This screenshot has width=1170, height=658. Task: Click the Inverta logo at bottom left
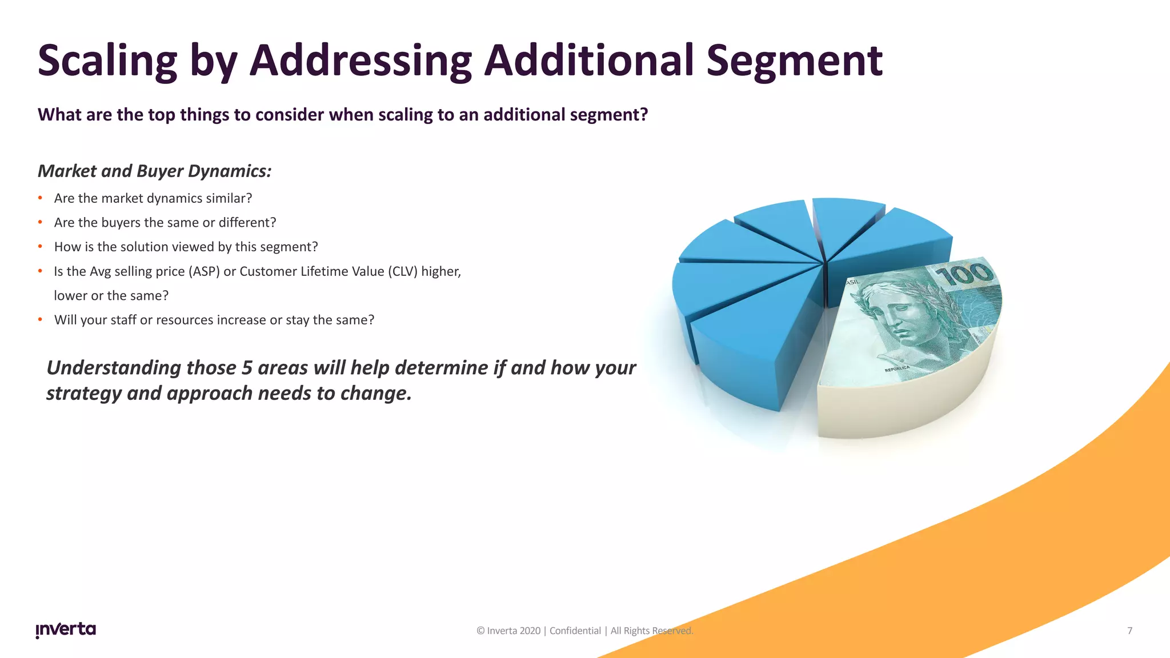click(x=66, y=629)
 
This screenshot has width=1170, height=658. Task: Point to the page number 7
click(x=1129, y=631)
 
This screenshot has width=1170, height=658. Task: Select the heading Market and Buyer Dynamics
click(x=154, y=171)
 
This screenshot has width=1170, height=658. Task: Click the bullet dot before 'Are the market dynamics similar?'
click(x=41, y=198)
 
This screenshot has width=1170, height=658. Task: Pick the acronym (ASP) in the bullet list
click(x=204, y=271)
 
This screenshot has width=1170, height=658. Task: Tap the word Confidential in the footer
click(x=575, y=631)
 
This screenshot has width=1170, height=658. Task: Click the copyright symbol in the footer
click(x=480, y=631)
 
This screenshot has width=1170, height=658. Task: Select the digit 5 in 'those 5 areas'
click(x=247, y=368)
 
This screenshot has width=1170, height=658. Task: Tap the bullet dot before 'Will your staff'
click(x=41, y=320)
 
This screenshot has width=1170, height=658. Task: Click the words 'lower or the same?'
click(x=111, y=296)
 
